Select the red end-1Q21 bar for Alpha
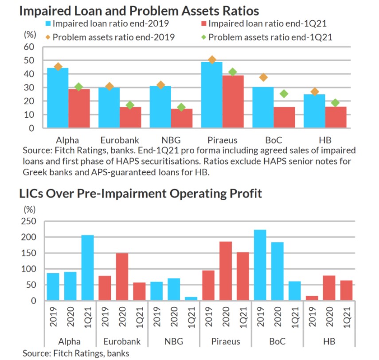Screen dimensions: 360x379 coord(79,108)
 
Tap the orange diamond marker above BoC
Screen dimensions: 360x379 coord(263,77)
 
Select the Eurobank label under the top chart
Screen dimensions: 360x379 coord(120,141)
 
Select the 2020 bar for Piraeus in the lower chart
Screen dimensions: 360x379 coord(226,271)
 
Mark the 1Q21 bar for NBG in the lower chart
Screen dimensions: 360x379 coord(191,299)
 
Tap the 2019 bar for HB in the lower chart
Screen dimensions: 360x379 coord(312,298)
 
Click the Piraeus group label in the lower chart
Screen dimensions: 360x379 coord(226,341)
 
